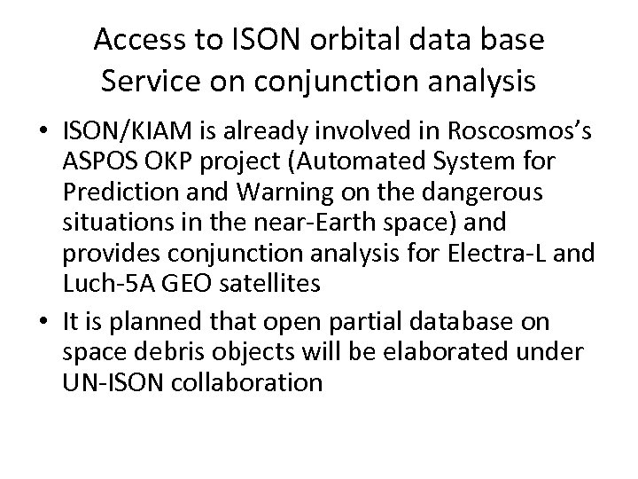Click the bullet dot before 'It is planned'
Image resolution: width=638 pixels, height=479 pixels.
tap(44, 319)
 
